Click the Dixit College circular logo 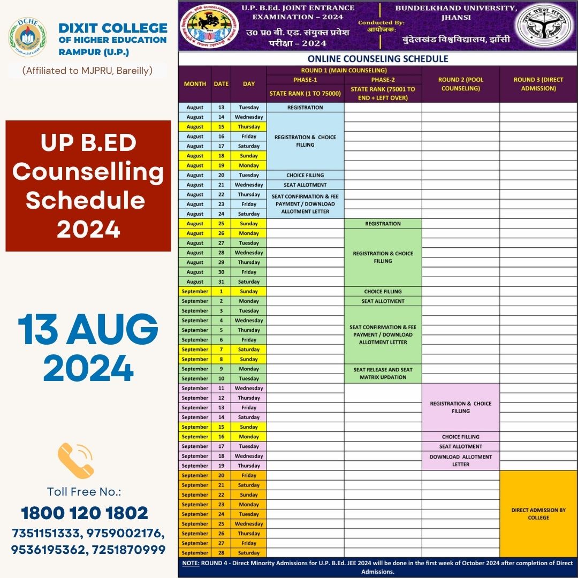[x=27, y=38]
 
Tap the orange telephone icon [x=75, y=460]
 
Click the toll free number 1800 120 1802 [x=85, y=513]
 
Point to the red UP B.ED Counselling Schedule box [x=88, y=186]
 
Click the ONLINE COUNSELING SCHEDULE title [x=378, y=59]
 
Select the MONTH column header [x=195, y=84]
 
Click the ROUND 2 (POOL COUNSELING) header [x=460, y=84]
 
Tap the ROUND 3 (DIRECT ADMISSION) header [x=538, y=84]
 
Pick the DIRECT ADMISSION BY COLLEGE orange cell [x=538, y=514]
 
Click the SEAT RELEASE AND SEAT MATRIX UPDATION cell [x=383, y=374]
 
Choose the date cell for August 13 [x=221, y=108]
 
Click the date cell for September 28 [x=221, y=553]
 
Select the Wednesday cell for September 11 [x=249, y=389]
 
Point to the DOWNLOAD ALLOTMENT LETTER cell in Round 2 [x=460, y=461]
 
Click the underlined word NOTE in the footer [x=191, y=564]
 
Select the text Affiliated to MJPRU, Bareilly [x=88, y=70]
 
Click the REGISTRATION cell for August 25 [x=383, y=224]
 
